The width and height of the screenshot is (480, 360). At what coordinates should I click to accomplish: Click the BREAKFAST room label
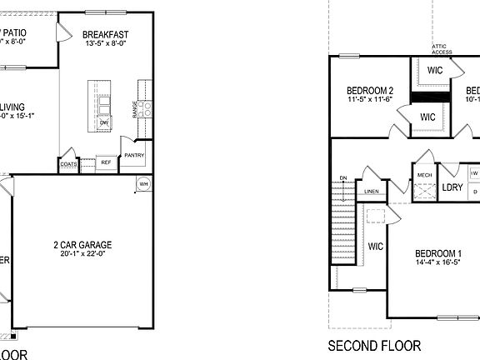[105, 34]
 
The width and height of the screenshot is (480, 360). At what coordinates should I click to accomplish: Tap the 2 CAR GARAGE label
[82, 245]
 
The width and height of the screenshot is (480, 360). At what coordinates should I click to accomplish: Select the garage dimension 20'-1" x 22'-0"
[82, 255]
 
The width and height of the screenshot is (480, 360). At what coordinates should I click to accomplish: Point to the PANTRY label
[134, 155]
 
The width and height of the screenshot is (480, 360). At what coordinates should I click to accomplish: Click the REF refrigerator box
[106, 162]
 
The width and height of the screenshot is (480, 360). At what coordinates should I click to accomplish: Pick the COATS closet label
[69, 164]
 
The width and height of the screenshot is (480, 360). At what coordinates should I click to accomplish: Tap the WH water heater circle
[142, 184]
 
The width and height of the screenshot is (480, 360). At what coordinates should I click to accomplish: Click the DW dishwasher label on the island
[104, 122]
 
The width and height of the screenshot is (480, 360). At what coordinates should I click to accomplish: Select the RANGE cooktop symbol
[147, 107]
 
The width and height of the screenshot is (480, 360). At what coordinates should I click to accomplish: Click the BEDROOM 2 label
[370, 90]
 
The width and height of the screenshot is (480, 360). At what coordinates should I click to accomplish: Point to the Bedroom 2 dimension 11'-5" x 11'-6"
[370, 100]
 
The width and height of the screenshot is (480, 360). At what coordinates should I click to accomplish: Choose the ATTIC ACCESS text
[442, 49]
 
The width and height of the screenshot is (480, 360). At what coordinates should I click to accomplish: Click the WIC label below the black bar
[428, 117]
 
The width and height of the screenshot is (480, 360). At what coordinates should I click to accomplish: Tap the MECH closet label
[425, 175]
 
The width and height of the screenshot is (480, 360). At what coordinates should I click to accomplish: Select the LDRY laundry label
[452, 187]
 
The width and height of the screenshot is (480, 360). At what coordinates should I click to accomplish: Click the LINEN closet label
[372, 192]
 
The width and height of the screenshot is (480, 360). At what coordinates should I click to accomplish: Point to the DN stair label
[342, 178]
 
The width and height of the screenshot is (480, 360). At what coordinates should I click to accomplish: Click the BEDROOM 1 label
[438, 253]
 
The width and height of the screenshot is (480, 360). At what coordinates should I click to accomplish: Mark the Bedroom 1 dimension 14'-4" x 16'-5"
[438, 263]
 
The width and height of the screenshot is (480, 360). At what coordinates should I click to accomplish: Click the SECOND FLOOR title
[374, 346]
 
